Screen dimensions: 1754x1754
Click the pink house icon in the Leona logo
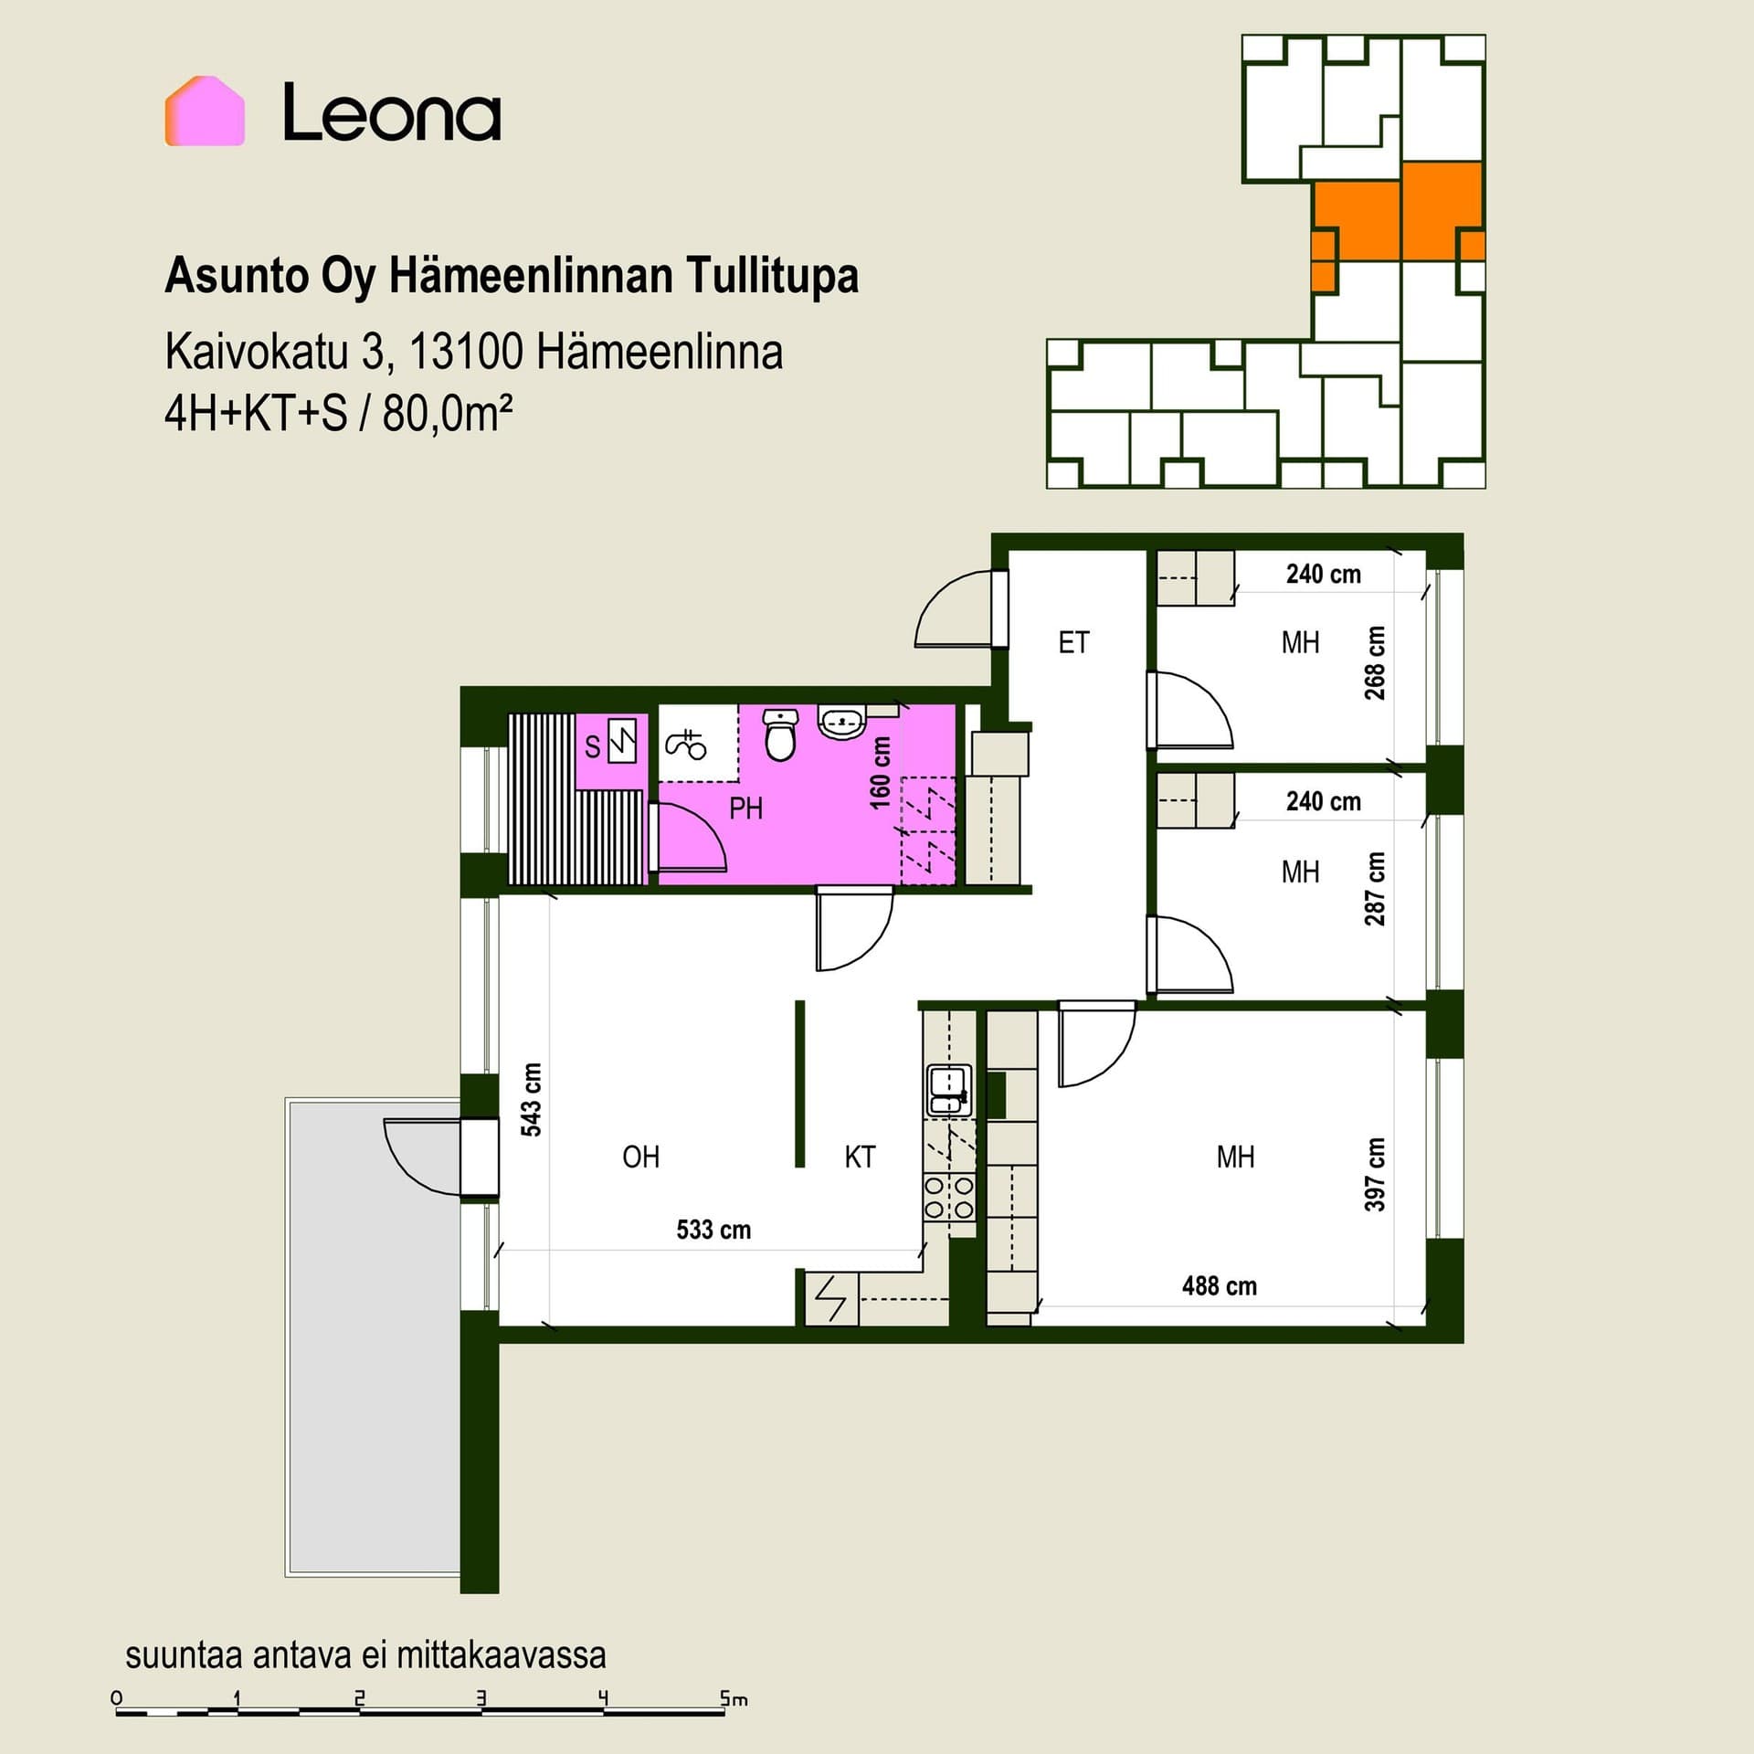tap(205, 111)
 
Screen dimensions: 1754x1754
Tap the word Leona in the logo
tap(392, 112)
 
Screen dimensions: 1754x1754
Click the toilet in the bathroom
tap(780, 735)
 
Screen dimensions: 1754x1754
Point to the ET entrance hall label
tap(1073, 643)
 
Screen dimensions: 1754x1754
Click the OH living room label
tap(640, 1157)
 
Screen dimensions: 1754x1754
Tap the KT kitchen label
tap(860, 1157)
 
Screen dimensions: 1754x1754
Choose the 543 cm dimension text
tap(531, 1099)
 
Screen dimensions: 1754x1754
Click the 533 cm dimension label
tap(713, 1230)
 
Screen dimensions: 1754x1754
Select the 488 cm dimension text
tap(1219, 1286)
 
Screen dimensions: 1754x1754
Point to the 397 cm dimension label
tap(1374, 1174)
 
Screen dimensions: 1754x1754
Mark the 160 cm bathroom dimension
tap(880, 773)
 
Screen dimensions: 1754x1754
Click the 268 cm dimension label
tap(1374, 662)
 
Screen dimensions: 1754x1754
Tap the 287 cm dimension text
tap(1374, 889)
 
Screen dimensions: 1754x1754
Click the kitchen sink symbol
tap(949, 1090)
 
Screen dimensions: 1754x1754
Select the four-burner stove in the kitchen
tap(949, 1198)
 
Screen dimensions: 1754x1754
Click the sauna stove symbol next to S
tap(623, 742)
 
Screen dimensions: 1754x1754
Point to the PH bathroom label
tap(745, 808)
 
